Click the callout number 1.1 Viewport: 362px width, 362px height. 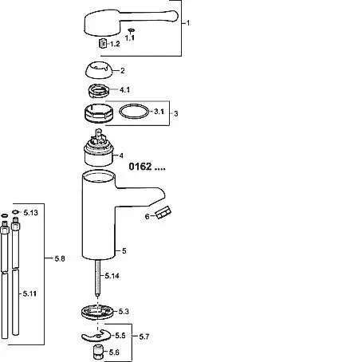click(x=130, y=38)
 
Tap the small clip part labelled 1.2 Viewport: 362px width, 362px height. click(x=103, y=43)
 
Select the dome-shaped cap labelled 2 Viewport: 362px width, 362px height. click(x=98, y=70)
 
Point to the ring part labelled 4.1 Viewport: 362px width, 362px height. click(x=99, y=91)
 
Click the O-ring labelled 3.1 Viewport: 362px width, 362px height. click(x=134, y=112)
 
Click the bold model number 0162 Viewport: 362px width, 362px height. click(x=140, y=167)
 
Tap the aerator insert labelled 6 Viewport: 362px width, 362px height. click(x=163, y=213)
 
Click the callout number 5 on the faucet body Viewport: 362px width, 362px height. click(x=124, y=251)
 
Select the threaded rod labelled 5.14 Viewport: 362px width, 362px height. click(x=98, y=278)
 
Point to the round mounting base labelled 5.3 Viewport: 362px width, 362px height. click(x=97, y=313)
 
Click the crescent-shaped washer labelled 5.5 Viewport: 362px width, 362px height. click(x=96, y=336)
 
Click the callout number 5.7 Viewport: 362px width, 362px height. click(x=144, y=336)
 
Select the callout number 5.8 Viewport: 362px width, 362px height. click(x=60, y=258)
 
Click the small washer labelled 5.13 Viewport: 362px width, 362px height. click(x=15, y=212)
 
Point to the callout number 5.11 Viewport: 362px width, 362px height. click(x=30, y=293)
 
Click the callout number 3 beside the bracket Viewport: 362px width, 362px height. click(x=176, y=114)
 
